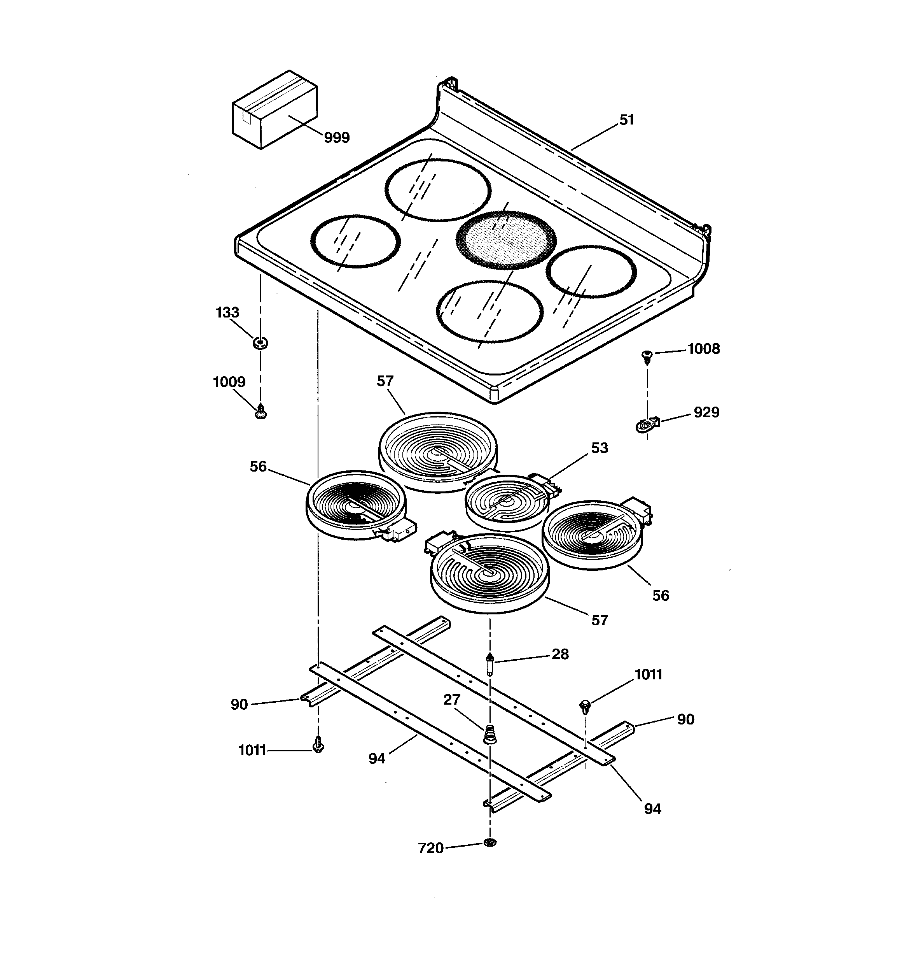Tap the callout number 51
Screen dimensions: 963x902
(626, 120)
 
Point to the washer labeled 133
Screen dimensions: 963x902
(260, 343)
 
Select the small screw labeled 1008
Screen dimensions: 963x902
(647, 356)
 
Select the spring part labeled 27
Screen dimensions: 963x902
(490, 735)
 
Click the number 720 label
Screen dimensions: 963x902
(430, 848)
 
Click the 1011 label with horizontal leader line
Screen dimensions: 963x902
(252, 750)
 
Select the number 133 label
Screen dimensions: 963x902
(227, 312)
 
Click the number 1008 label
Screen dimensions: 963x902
(703, 349)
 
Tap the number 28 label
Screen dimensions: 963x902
(560, 654)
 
